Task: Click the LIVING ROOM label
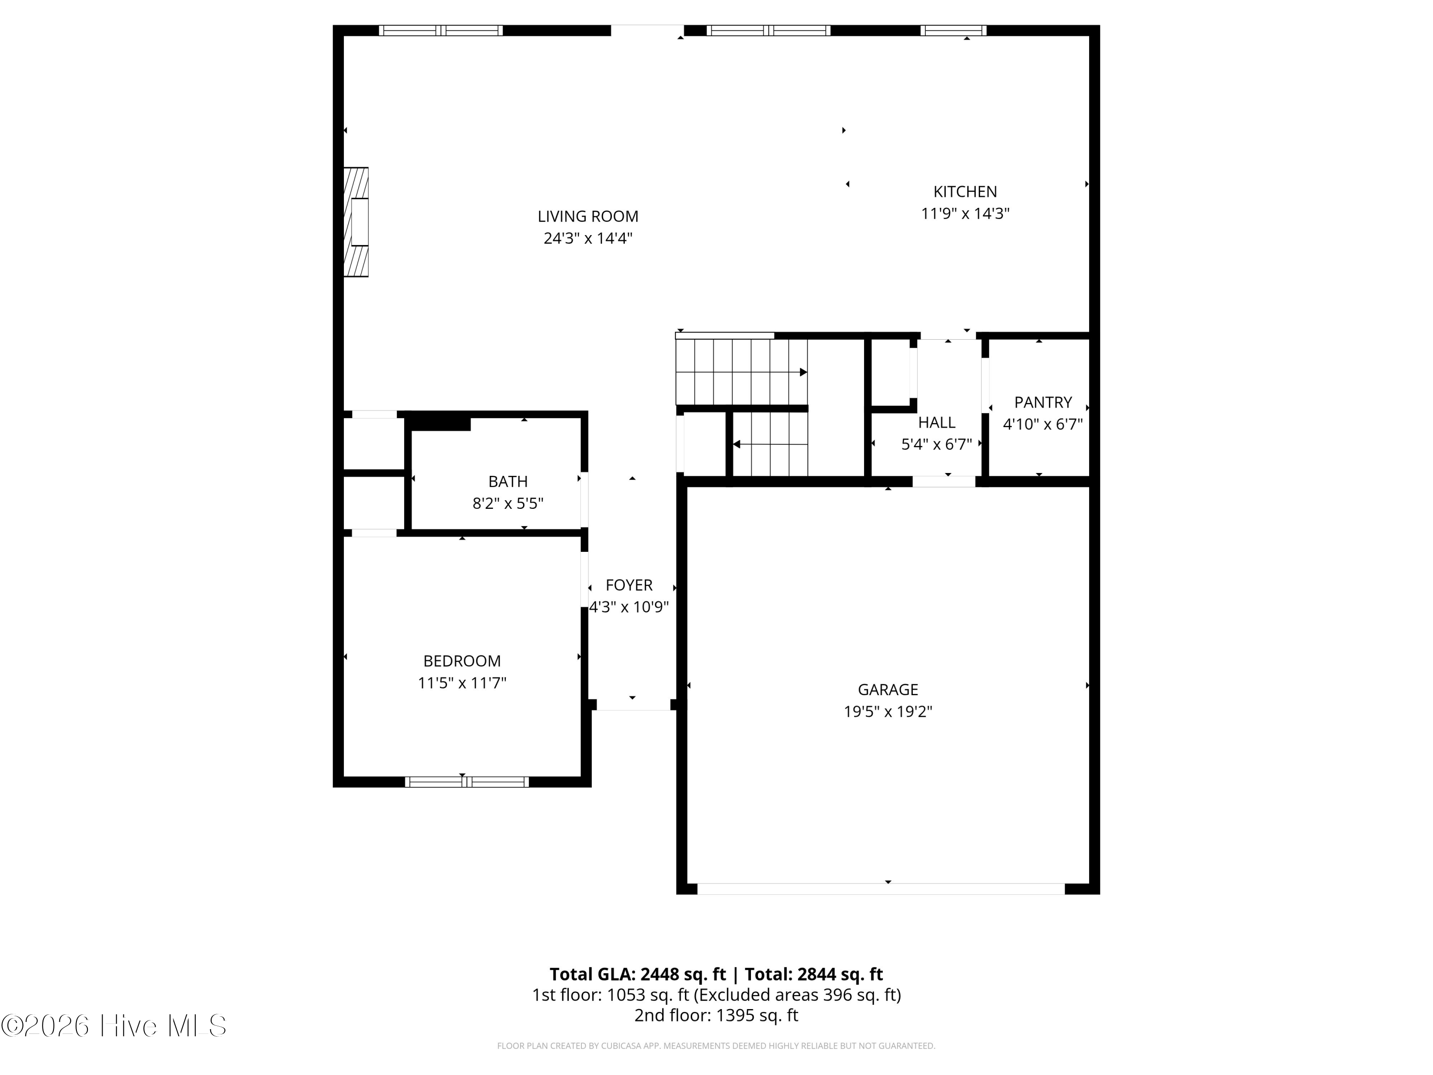588,216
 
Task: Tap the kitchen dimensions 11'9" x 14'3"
964,214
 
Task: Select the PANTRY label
1042,402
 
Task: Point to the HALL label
936,422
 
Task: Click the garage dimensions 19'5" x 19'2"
887,711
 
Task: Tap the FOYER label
629,585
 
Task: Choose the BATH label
507,482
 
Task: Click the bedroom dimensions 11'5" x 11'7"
461,683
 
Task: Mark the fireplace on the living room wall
356,222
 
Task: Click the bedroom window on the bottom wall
466,782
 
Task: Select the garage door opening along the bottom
880,889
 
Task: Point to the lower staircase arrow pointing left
737,444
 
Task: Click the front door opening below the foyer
632,705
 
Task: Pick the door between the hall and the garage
943,482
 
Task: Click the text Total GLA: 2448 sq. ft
638,975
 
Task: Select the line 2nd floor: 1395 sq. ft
716,1015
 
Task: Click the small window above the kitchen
952,31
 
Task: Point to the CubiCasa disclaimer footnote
716,1046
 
